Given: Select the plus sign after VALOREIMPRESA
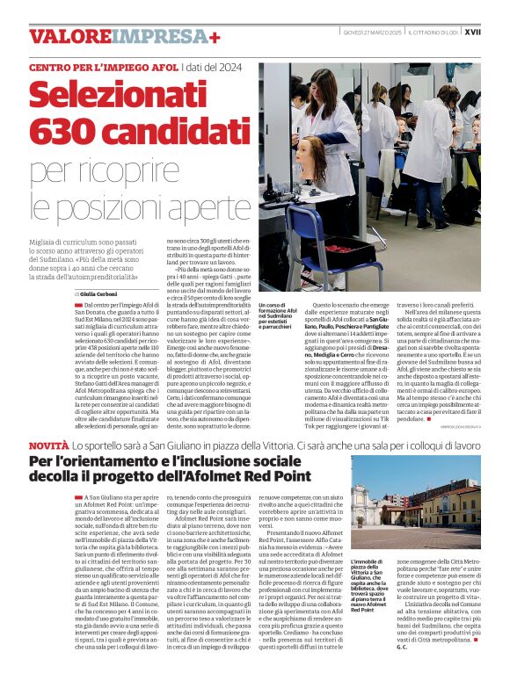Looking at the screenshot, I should point(215,36).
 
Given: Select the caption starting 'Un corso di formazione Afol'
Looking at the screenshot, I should point(277,317).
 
